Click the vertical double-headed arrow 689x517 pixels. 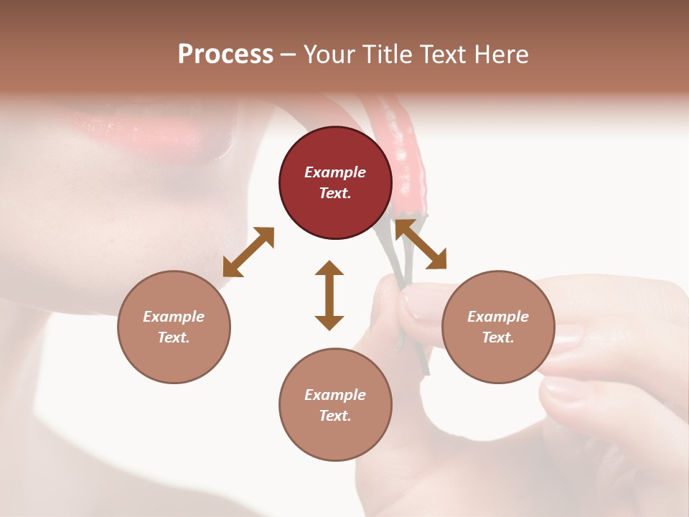329,295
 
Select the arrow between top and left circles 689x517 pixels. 248,252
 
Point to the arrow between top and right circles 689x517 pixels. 421,244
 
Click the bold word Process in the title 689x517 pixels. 225,55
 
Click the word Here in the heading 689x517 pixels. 501,55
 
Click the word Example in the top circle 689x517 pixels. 335,172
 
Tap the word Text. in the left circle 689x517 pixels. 174,337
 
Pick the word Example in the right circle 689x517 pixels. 498,317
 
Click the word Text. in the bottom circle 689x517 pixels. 335,416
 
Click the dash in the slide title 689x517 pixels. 289,55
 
